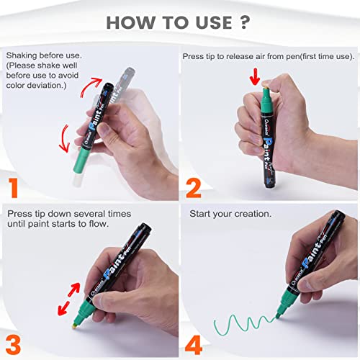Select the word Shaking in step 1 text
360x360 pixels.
pos(23,55)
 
